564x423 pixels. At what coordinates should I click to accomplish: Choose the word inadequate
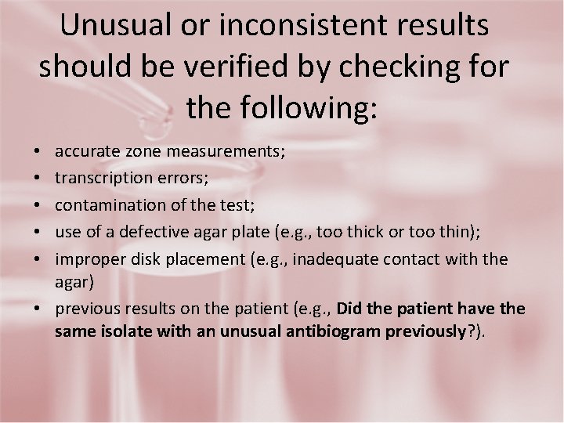331,258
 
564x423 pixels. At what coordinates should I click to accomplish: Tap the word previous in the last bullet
85,309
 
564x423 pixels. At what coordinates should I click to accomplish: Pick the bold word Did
349,309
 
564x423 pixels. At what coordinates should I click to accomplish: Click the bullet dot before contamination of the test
39,205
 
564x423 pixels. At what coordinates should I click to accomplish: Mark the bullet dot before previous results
39,309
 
